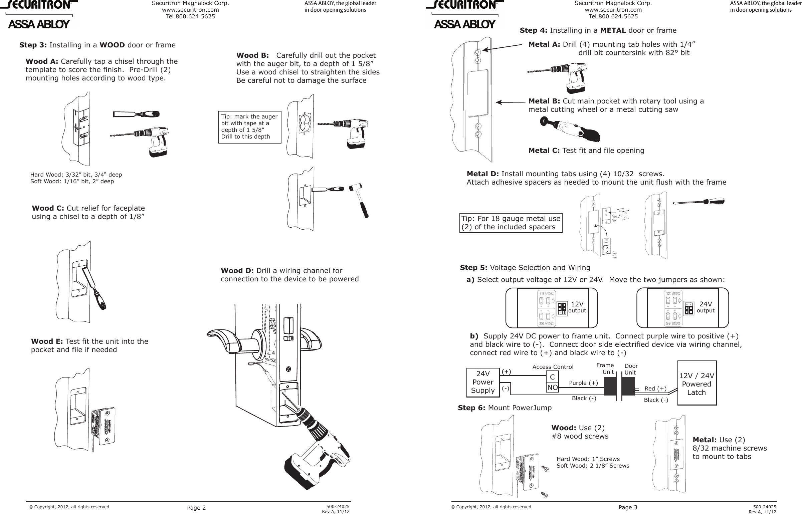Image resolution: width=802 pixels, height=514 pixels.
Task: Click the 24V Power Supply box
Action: pyautogui.click(x=483, y=382)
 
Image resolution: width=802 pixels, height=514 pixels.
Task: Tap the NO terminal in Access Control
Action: pyautogui.click(x=552, y=388)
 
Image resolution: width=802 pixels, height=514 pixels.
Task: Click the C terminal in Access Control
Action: pyautogui.click(x=552, y=377)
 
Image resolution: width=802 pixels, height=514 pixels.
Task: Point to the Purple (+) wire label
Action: pyautogui.click(x=583, y=382)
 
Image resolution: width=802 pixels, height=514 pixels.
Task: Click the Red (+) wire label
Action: pyautogui.click(x=655, y=388)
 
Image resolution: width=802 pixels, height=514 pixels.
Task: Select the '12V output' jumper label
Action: pyautogui.click(x=577, y=307)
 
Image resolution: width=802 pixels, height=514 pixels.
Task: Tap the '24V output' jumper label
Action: pyautogui.click(x=706, y=307)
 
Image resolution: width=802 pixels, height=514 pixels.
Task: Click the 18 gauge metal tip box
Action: pyautogui.click(x=511, y=223)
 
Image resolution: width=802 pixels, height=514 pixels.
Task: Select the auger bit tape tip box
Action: pyautogui.click(x=250, y=127)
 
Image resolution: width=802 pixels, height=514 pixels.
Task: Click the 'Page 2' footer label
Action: pyautogui.click(x=196, y=508)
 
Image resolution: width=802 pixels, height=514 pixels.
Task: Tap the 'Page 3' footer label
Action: pyautogui.click(x=628, y=508)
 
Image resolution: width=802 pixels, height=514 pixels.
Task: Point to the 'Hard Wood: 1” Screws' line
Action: pyautogui.click(x=588, y=459)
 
